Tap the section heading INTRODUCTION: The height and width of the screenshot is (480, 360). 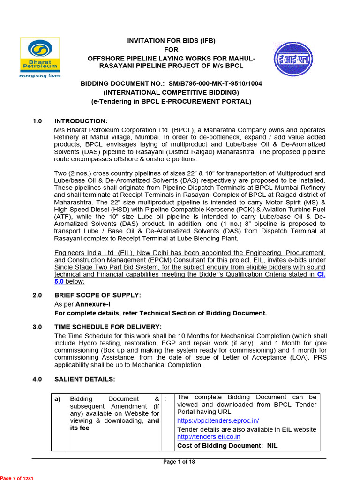tap(81, 121)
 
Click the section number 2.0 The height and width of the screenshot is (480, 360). tap(37, 295)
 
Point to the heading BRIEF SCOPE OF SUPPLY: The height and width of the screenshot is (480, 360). tap(97, 295)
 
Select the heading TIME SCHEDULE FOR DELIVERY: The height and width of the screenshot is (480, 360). tap(108, 327)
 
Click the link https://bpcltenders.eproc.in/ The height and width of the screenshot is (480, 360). tap(218, 420)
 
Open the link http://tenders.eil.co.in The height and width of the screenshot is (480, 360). tap(209, 437)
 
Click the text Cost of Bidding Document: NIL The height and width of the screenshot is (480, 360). tap(227, 446)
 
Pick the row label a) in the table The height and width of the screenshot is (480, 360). tap(58, 399)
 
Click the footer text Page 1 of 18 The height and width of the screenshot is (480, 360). tap(179, 462)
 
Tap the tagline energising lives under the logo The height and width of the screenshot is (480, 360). tap(40, 75)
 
